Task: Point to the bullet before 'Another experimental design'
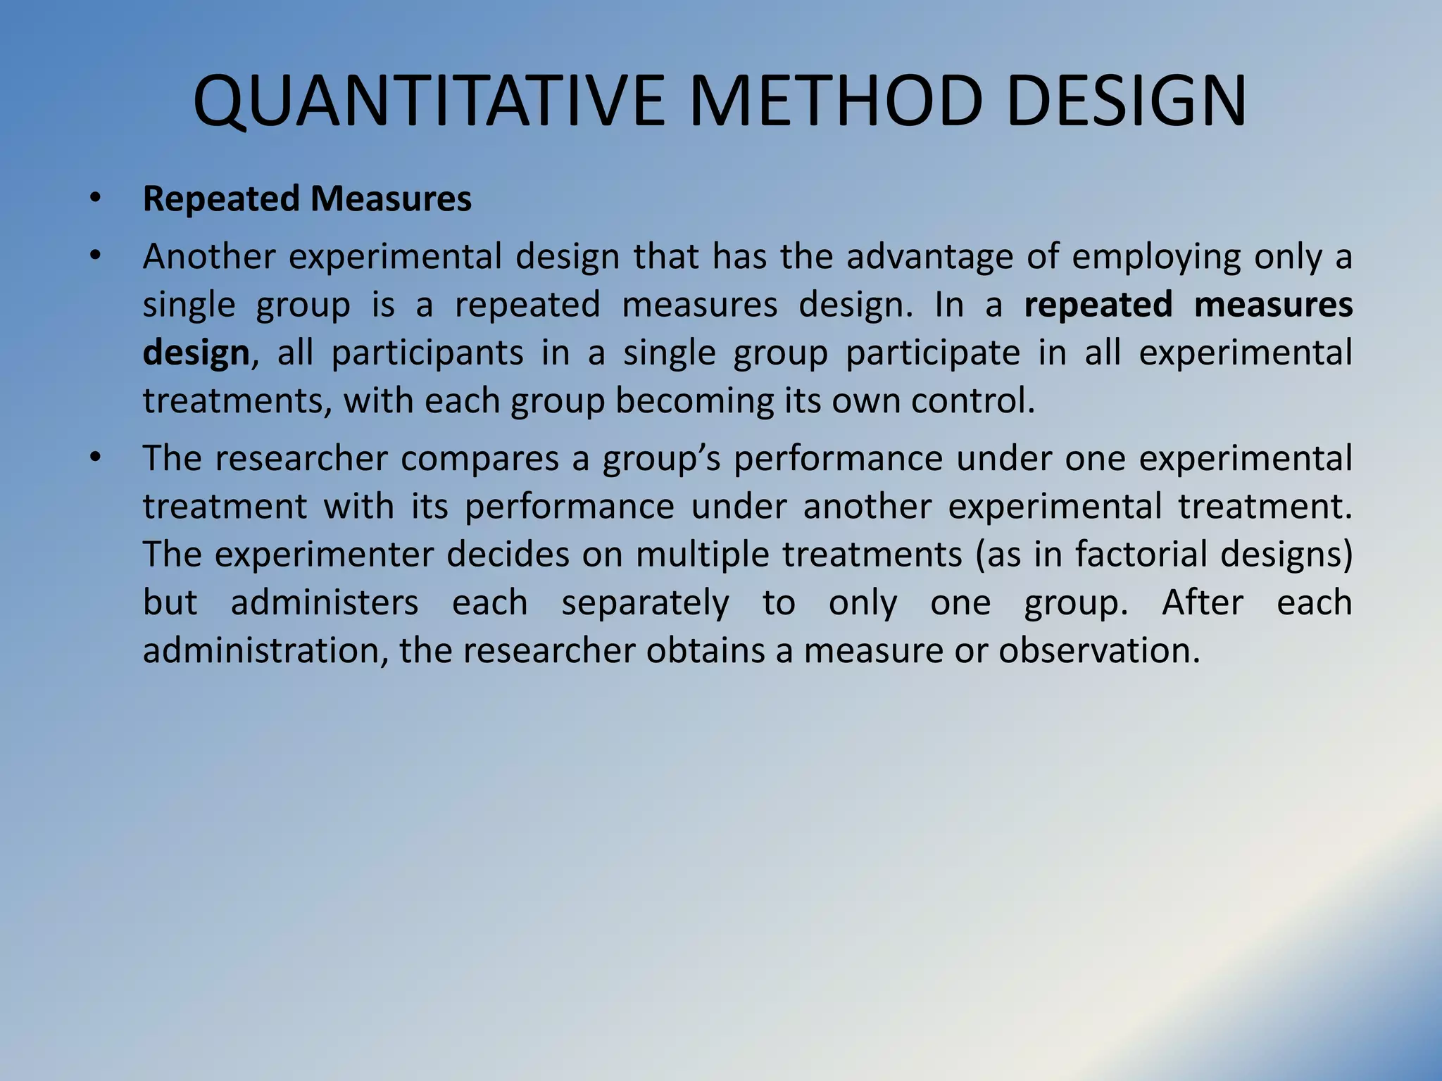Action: click(96, 256)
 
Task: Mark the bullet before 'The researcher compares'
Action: click(96, 458)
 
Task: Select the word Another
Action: click(208, 256)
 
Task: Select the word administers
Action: click(325, 603)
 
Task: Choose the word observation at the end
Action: click(1098, 651)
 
